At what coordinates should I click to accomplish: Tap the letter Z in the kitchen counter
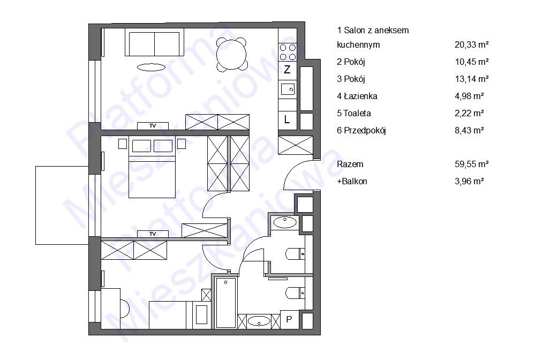(287, 70)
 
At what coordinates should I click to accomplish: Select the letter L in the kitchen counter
(287, 120)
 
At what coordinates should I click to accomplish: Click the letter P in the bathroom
(289, 319)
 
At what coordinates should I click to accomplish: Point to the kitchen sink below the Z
(288, 89)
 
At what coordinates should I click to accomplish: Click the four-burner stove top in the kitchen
(288, 52)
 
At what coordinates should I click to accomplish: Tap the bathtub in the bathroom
(225, 303)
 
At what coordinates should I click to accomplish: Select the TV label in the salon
(153, 126)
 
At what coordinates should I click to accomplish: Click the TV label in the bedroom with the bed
(153, 234)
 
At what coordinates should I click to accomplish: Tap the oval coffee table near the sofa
(151, 67)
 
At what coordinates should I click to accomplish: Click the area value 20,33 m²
(472, 44)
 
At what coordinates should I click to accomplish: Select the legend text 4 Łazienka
(357, 96)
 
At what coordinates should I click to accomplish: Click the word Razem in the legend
(350, 164)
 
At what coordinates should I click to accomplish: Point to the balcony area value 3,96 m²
(469, 181)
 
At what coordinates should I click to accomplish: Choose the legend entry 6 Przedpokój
(361, 131)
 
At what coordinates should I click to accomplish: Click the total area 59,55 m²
(472, 164)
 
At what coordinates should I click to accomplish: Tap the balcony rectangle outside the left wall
(62, 206)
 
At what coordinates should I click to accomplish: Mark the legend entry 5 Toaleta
(354, 113)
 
